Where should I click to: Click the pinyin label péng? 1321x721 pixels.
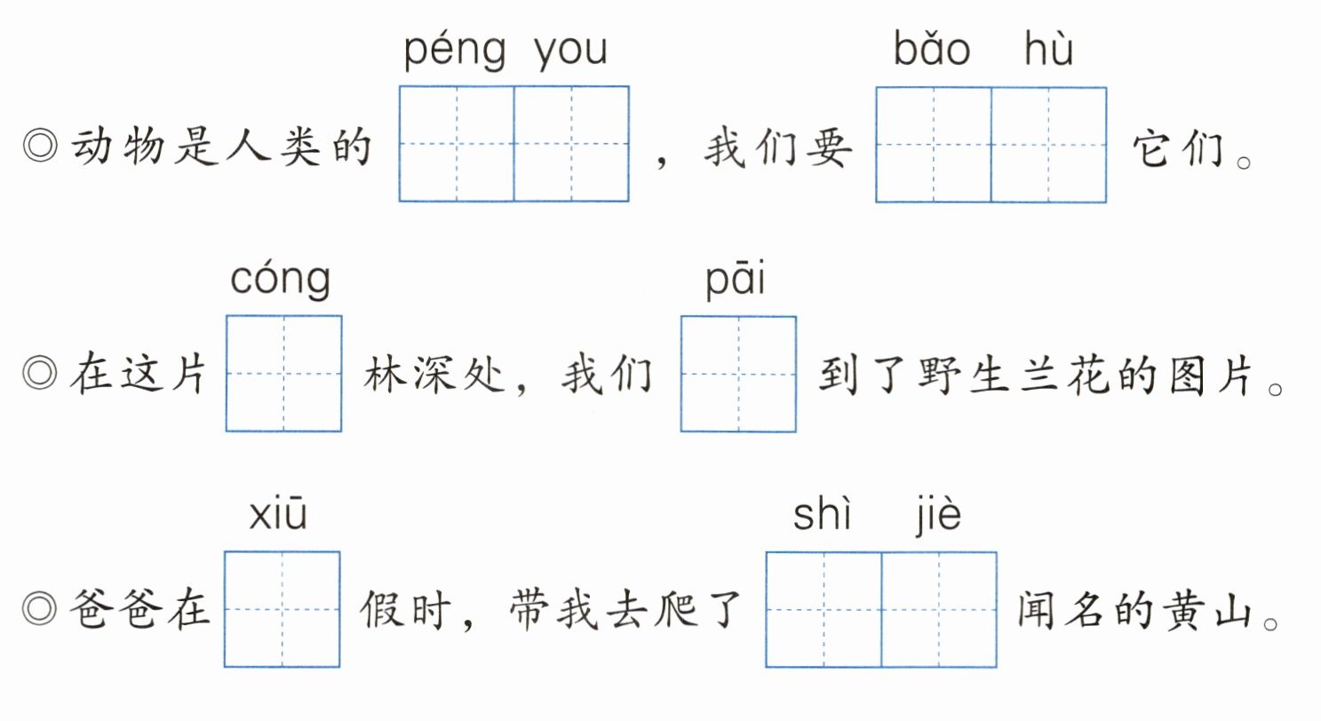(x=454, y=51)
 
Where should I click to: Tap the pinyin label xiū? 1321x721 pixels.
(x=278, y=515)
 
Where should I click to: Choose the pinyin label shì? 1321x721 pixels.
(x=822, y=515)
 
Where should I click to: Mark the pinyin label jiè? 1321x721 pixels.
(x=937, y=515)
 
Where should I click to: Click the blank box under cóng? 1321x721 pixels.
(x=284, y=374)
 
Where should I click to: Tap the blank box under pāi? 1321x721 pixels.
(x=738, y=374)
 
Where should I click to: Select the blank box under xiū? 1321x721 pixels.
(x=282, y=609)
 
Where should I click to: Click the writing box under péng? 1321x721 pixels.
(x=457, y=144)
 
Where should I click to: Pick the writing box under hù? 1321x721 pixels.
(x=1049, y=144)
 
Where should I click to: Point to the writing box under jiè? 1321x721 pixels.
(x=939, y=609)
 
